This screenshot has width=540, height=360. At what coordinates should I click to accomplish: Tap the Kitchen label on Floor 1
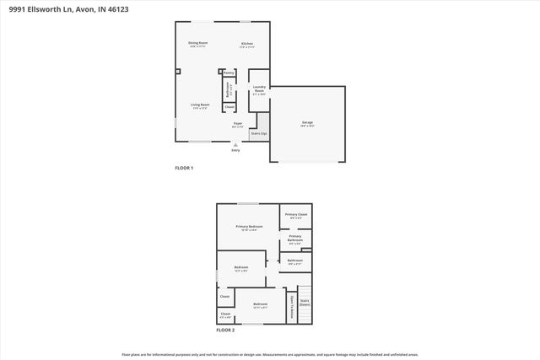pyautogui.click(x=247, y=43)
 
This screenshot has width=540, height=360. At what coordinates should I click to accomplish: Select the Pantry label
pyautogui.click(x=229, y=73)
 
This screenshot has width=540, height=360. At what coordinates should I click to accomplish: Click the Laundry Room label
pyautogui.click(x=259, y=89)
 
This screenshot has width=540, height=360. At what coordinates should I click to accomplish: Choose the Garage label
pyautogui.click(x=307, y=123)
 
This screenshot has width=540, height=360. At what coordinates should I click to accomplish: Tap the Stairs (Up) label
pyautogui.click(x=259, y=133)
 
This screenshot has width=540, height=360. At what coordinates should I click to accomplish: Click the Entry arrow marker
pyautogui.click(x=235, y=146)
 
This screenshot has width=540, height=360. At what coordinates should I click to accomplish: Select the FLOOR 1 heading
pyautogui.click(x=184, y=169)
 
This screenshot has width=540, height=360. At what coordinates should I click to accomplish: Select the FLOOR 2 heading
pyautogui.click(x=225, y=330)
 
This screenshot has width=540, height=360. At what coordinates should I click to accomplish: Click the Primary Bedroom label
pyautogui.click(x=249, y=227)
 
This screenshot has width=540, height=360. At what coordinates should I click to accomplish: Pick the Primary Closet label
pyautogui.click(x=296, y=216)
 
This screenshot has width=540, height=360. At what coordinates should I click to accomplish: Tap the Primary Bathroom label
pyautogui.click(x=295, y=239)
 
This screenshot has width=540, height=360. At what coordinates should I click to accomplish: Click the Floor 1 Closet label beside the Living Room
pyautogui.click(x=229, y=107)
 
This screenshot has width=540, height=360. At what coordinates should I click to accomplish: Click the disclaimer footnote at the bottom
pyautogui.click(x=270, y=354)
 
